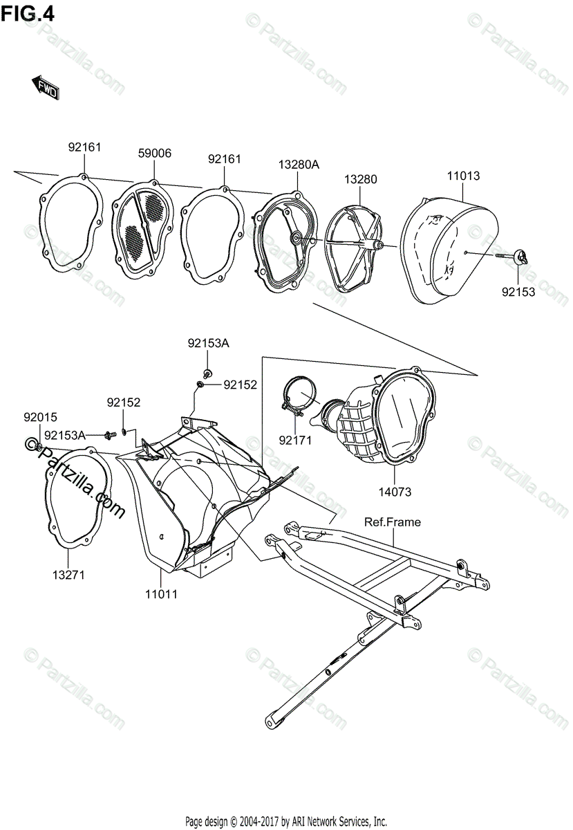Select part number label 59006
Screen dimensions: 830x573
coord(154,154)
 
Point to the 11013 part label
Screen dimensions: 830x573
coord(462,176)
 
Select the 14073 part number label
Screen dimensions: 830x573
coord(395,492)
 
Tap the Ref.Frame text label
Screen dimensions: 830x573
coord(392,522)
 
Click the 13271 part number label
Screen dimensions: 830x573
coord(68,575)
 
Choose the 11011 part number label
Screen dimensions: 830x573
coord(161,593)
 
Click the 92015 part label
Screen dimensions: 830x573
coord(41,417)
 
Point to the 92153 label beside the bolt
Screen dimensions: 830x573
coord(518,292)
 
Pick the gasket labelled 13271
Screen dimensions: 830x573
coord(78,498)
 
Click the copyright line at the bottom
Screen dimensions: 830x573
coord(285,822)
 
